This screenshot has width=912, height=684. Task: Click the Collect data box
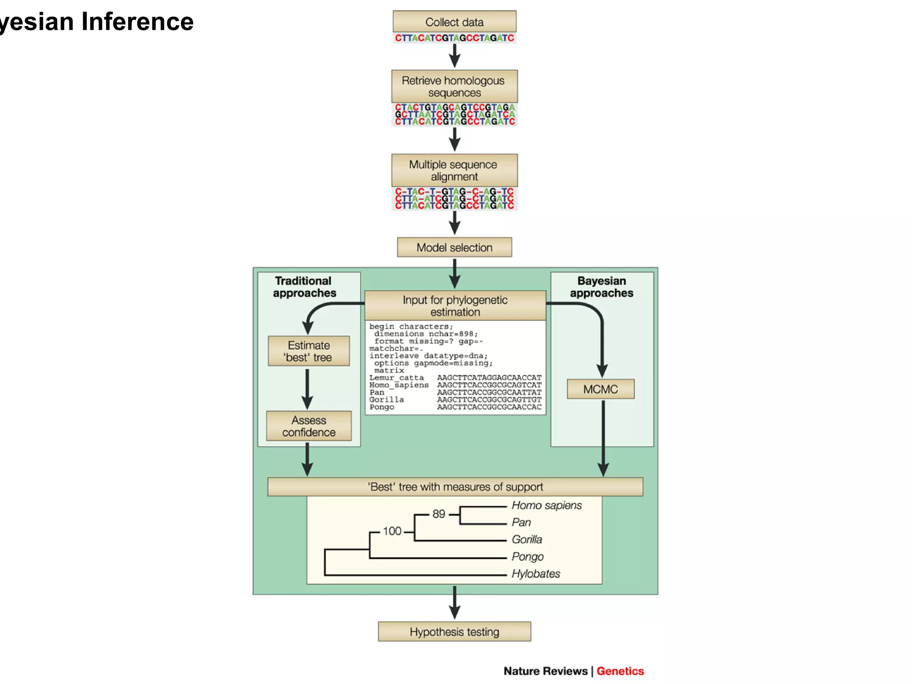pyautogui.click(x=454, y=22)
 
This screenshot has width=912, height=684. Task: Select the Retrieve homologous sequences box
pyautogui.click(x=454, y=86)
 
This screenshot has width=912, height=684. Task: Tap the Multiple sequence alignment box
pyautogui.click(x=454, y=171)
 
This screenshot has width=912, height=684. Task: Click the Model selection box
pyautogui.click(x=454, y=248)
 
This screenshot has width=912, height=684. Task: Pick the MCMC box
pyautogui.click(x=600, y=389)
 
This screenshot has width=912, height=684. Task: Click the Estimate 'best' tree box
pyautogui.click(x=309, y=351)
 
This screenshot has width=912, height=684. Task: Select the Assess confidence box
pyautogui.click(x=309, y=426)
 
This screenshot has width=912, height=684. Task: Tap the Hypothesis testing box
pyautogui.click(x=454, y=632)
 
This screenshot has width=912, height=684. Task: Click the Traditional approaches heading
pyautogui.click(x=304, y=287)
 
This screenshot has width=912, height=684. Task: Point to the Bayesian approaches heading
pyautogui.click(x=601, y=287)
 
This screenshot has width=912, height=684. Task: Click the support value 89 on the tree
pyautogui.click(x=439, y=514)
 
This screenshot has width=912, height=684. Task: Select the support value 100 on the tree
pyautogui.click(x=392, y=531)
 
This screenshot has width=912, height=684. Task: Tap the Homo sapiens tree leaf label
pyautogui.click(x=546, y=505)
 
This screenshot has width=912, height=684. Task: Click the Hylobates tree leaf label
pyautogui.click(x=536, y=574)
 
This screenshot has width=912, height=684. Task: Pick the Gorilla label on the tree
pyautogui.click(x=527, y=540)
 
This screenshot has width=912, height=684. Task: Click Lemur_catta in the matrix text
pyautogui.click(x=396, y=378)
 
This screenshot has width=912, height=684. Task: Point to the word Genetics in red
pyautogui.click(x=620, y=671)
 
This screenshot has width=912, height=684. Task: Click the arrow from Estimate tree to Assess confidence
pyautogui.click(x=307, y=389)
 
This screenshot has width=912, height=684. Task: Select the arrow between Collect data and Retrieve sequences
pyautogui.click(x=454, y=56)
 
